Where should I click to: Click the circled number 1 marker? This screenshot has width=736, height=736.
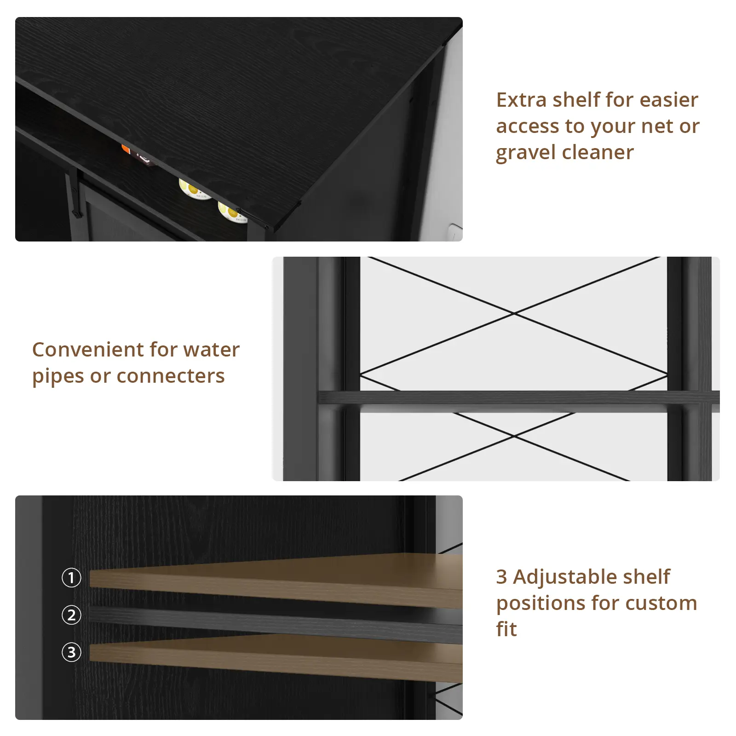71,578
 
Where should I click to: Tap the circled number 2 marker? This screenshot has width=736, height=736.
71,615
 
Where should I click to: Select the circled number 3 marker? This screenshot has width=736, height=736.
71,652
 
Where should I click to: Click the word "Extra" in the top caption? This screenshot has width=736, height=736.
521,100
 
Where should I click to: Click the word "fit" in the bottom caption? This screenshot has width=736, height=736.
506,629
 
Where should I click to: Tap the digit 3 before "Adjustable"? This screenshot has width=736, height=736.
501,577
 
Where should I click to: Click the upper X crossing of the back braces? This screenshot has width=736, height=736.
514,313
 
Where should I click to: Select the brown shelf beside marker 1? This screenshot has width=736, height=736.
276,581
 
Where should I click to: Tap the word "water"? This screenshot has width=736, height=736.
212,350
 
